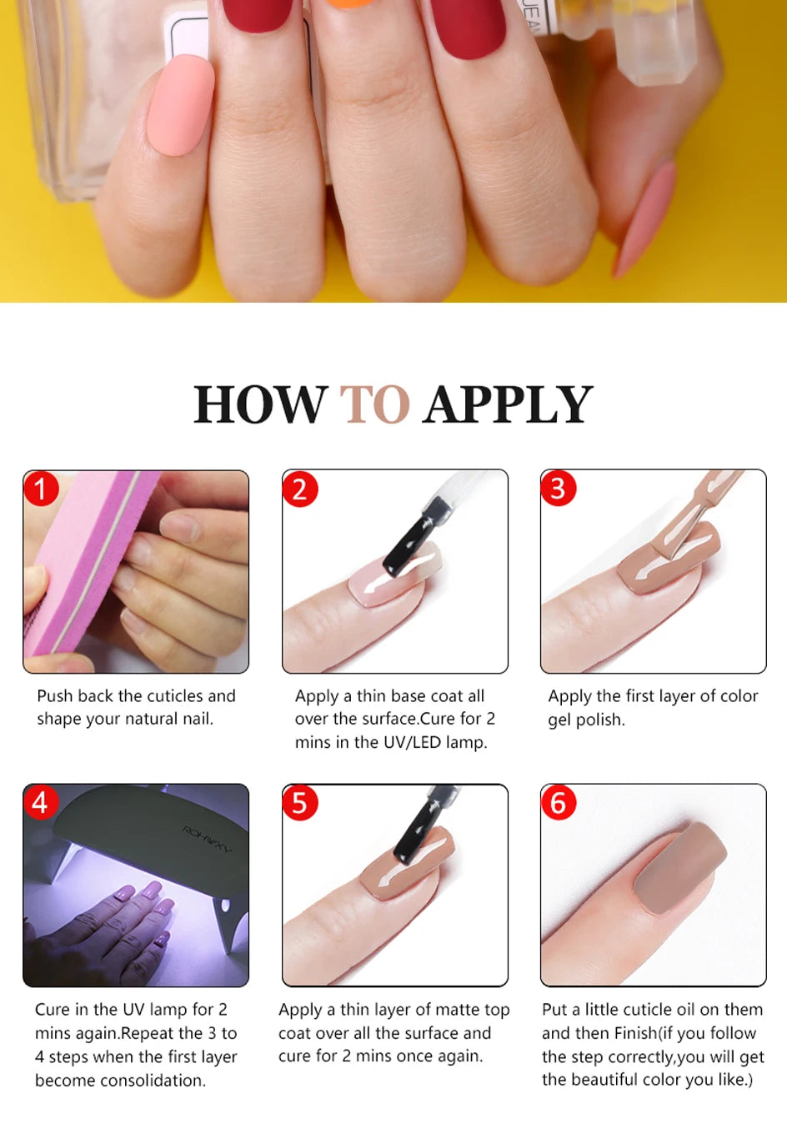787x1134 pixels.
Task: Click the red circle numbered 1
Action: coord(40,489)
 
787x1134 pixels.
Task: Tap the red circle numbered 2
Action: coord(299,489)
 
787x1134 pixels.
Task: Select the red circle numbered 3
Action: coord(558,489)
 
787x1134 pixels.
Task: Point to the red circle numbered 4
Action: coord(40,803)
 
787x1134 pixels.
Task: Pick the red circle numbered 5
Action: coord(299,803)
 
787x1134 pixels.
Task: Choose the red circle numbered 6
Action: coord(558,803)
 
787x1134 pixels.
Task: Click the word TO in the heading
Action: coord(374,405)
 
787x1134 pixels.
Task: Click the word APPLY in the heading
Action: coord(508,405)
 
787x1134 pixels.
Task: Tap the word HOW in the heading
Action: coord(260,405)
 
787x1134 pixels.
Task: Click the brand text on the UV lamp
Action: coord(208,838)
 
